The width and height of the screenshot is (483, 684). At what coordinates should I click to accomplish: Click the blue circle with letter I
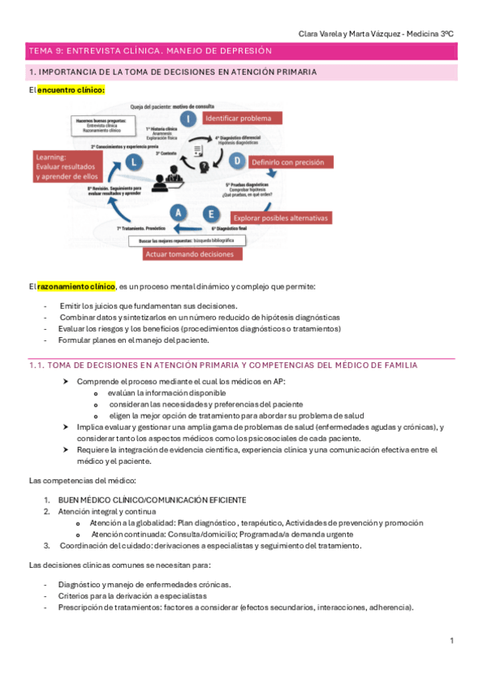(x=187, y=119)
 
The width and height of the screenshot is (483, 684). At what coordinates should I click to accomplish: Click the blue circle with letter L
(x=135, y=161)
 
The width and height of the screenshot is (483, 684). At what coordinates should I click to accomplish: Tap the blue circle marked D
(x=237, y=161)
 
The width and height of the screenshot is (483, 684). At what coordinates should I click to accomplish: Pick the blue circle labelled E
(x=210, y=214)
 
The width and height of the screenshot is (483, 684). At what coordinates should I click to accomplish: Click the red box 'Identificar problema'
(x=241, y=118)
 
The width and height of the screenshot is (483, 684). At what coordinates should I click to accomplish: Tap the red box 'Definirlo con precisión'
(x=289, y=161)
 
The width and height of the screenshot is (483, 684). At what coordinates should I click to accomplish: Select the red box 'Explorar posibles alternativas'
(x=281, y=218)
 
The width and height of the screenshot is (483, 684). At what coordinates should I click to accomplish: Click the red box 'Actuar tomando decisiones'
(x=193, y=254)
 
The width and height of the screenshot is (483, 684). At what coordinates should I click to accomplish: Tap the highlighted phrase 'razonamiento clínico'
(x=76, y=286)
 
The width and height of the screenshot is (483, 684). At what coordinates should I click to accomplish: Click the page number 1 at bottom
(x=452, y=640)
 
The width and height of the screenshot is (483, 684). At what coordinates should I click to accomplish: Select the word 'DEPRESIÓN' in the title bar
(x=244, y=51)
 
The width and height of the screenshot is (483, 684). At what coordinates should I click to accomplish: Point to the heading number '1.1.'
(x=35, y=365)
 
